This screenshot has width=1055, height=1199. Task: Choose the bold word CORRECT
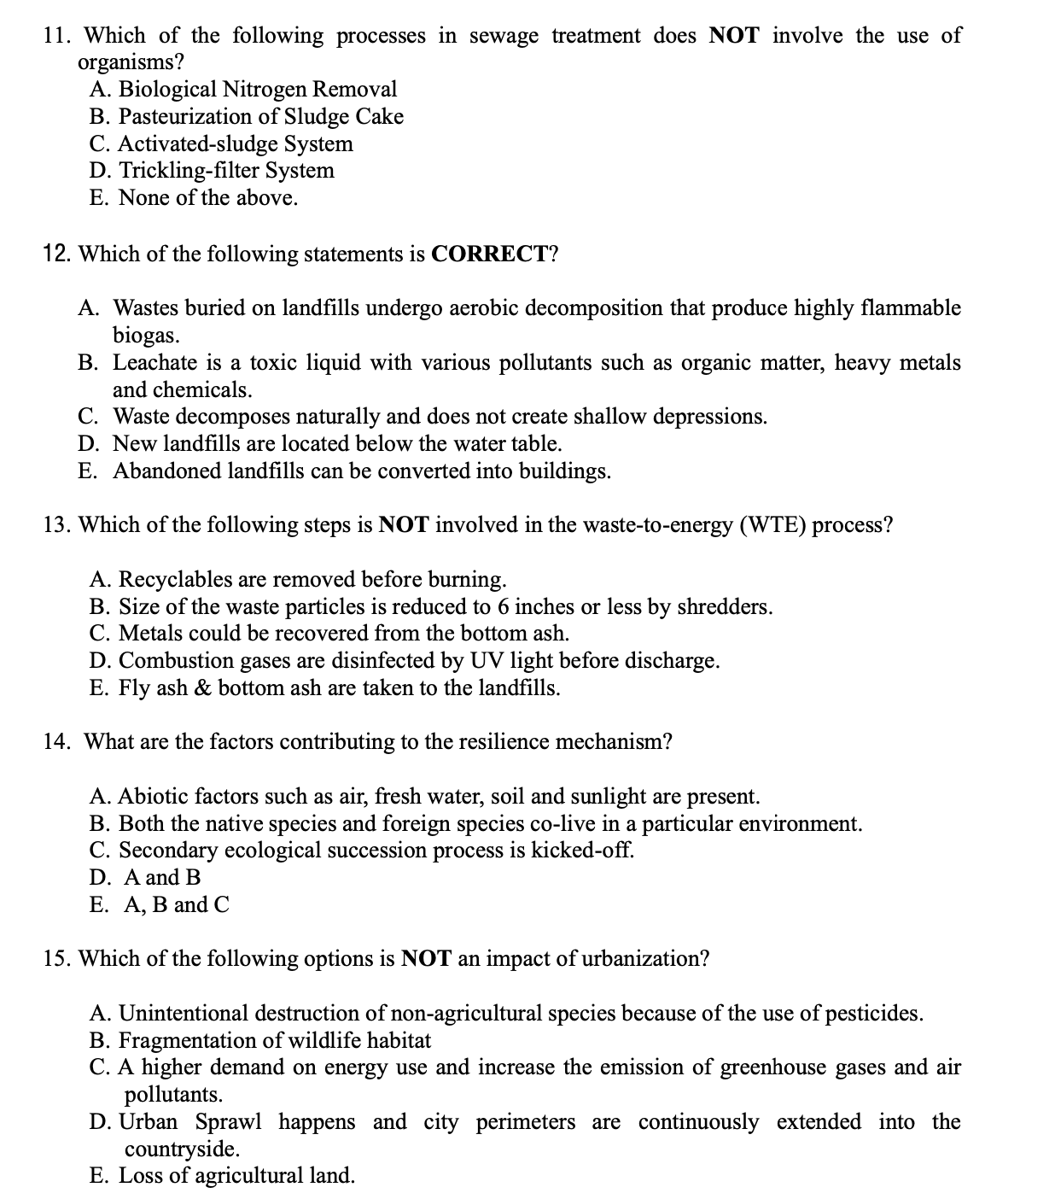point(489,254)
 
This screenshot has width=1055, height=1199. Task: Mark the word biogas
point(145,335)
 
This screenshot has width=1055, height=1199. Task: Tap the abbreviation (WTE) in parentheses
point(772,525)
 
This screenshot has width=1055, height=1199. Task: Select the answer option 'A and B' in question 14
point(162,878)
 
